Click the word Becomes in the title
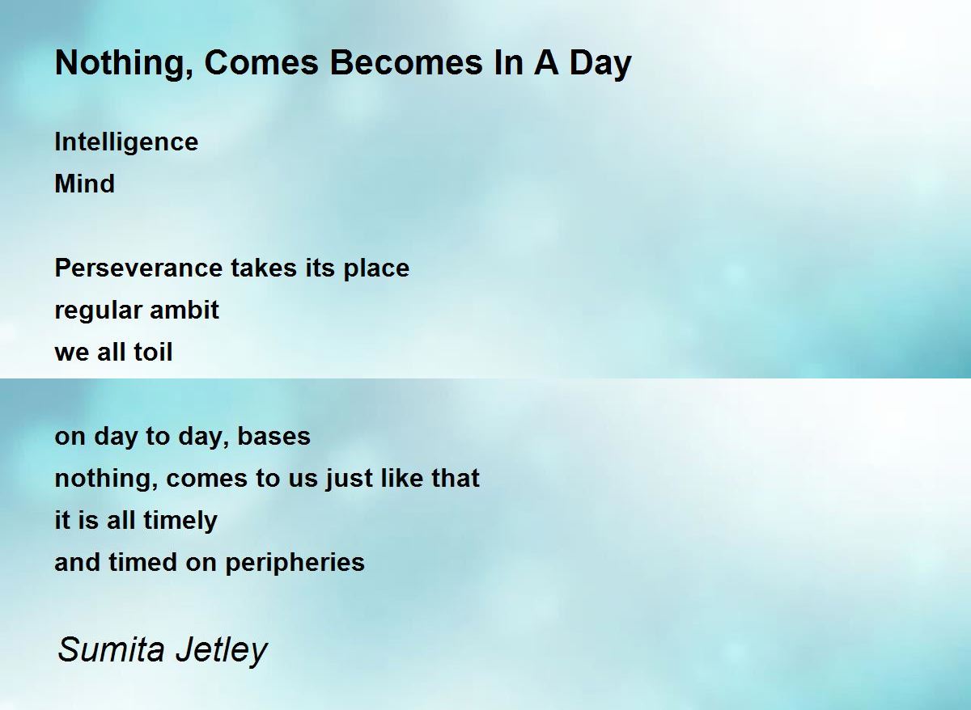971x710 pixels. pos(406,63)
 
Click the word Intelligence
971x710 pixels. pos(126,142)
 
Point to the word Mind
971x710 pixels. pos(85,184)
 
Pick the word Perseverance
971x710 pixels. pos(138,268)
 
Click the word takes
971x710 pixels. pos(264,268)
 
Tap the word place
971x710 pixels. pos(376,268)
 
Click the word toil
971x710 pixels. pos(153,352)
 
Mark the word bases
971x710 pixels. pos(274,436)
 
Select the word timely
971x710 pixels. pos(180,521)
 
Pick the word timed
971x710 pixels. pos(143,562)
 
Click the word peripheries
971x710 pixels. pos(295,563)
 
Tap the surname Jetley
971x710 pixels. pos(222,652)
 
